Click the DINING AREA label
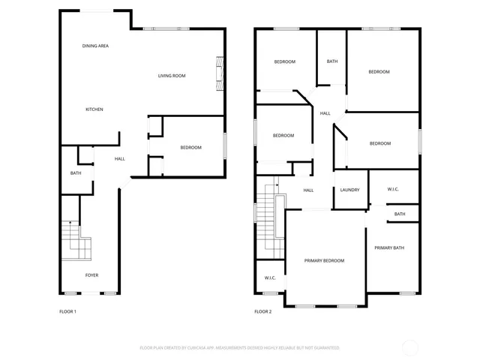pyautogui.click(x=96, y=46)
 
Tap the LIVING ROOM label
pyautogui.click(x=172, y=76)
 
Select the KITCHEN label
pyautogui.click(x=94, y=109)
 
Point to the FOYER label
pyautogui.click(x=91, y=275)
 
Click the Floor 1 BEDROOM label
pyautogui.click(x=190, y=147)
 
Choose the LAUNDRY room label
pyautogui.click(x=350, y=190)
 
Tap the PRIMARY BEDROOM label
pyautogui.click(x=324, y=260)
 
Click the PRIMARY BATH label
pyautogui.click(x=389, y=247)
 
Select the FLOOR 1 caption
pyautogui.click(x=67, y=311)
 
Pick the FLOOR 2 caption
pyautogui.click(x=262, y=311)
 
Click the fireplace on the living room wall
pyautogui.click(x=219, y=73)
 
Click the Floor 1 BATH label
pyautogui.click(x=76, y=173)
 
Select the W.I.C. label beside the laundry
pyautogui.click(x=393, y=189)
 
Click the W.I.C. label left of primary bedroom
pyautogui.click(x=270, y=278)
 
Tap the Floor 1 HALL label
pyautogui.click(x=120, y=159)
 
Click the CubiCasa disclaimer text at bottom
pyautogui.click(x=239, y=348)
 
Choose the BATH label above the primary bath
pyautogui.click(x=400, y=214)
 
